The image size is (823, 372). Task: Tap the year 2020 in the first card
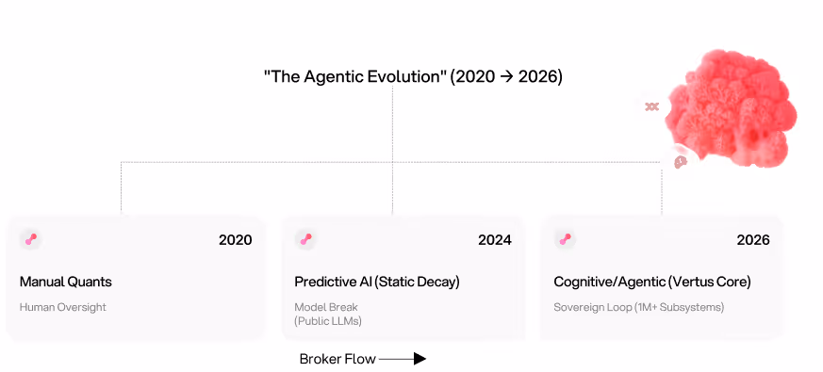tap(235, 239)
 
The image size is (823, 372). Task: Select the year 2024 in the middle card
tap(494, 239)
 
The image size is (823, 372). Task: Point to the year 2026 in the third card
tap(753, 239)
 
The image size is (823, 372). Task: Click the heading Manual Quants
tap(66, 282)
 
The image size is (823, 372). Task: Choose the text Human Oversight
tap(63, 307)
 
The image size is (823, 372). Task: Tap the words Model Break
tap(326, 307)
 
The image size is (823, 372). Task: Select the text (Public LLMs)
tap(328, 321)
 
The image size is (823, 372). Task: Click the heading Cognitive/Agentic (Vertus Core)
tap(652, 282)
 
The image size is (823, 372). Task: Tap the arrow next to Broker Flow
tap(403, 359)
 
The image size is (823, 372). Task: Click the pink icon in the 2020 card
tap(31, 239)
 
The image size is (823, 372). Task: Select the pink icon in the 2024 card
tap(305, 239)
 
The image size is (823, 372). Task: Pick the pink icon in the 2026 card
tap(565, 239)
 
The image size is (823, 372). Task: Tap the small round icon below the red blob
tap(681, 162)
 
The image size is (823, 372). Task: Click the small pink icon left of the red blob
tap(651, 106)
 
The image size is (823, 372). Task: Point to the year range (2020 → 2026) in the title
tap(506, 76)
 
